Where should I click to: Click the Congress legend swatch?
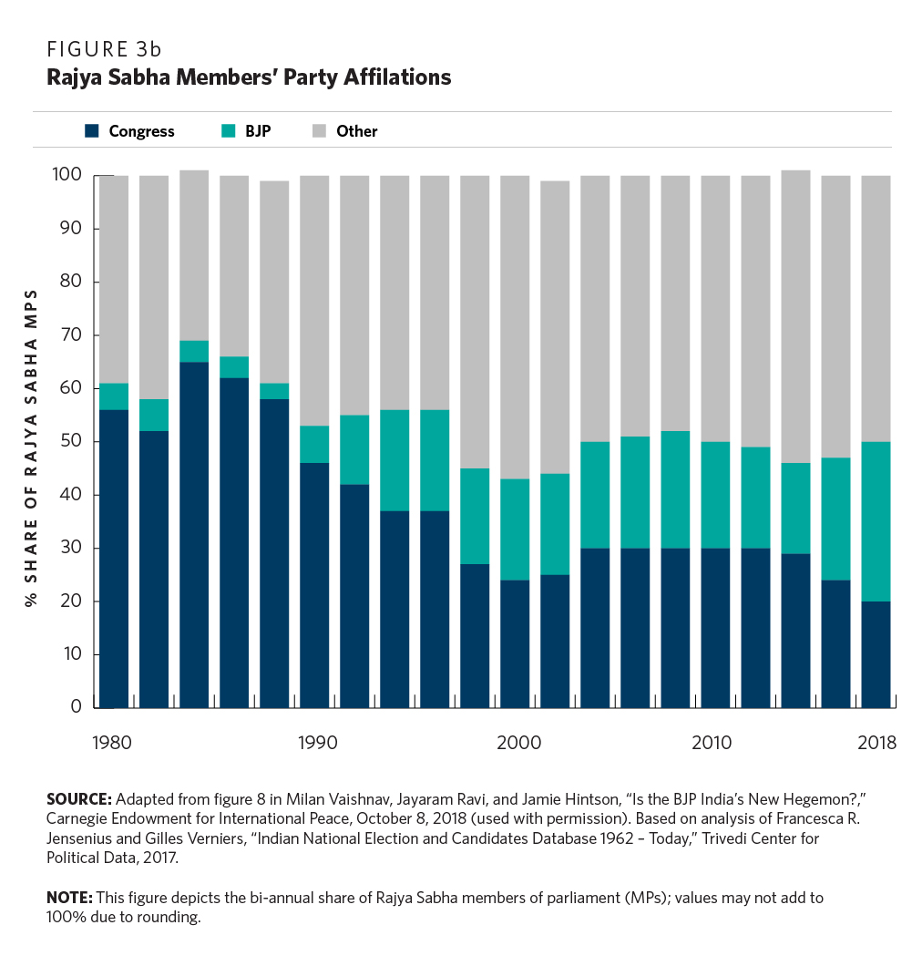[x=91, y=131]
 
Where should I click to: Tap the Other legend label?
[x=356, y=131]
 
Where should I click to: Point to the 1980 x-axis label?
[x=113, y=743]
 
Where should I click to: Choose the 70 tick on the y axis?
[x=70, y=335]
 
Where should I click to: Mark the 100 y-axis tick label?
[x=67, y=175]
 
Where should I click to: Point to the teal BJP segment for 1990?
[x=314, y=444]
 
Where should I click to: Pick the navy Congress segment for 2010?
[x=715, y=628]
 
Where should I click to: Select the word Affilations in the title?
[x=403, y=77]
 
